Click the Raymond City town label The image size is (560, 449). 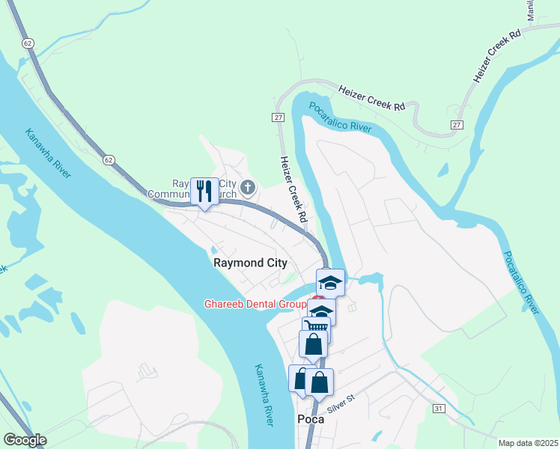click(x=250, y=263)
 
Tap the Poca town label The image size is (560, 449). click(x=311, y=419)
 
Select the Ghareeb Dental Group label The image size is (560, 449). click(x=255, y=305)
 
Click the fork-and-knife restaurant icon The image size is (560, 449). click(x=204, y=191)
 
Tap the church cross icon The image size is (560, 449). click(x=248, y=187)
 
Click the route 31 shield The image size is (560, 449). click(x=439, y=408)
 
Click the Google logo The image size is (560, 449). click(x=25, y=440)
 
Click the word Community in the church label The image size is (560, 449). click(x=170, y=195)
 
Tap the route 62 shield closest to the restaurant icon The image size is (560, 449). click(x=109, y=160)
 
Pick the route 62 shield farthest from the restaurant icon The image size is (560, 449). click(x=28, y=43)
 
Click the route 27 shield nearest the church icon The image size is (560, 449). click(x=278, y=117)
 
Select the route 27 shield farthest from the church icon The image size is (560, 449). click(x=456, y=124)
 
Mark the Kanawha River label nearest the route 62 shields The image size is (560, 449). click(x=49, y=153)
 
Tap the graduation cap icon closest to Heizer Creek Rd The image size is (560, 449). click(x=329, y=282)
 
